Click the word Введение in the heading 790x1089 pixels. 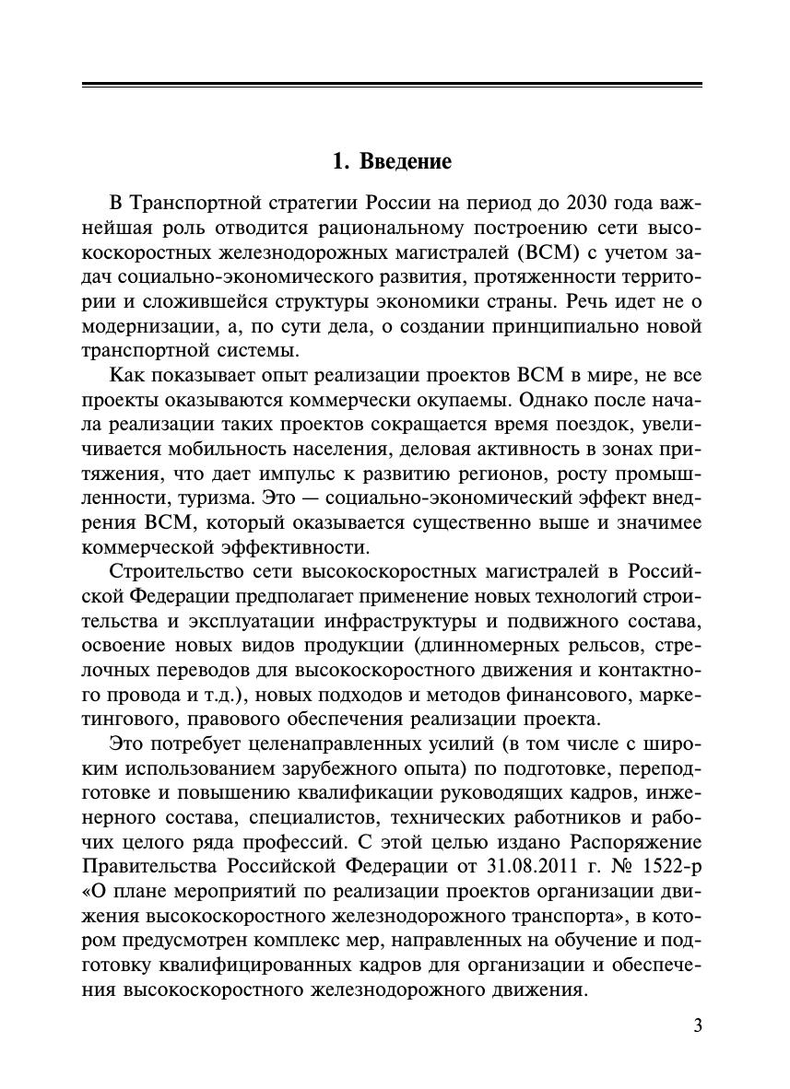(x=406, y=161)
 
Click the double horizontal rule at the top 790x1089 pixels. (x=392, y=86)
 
